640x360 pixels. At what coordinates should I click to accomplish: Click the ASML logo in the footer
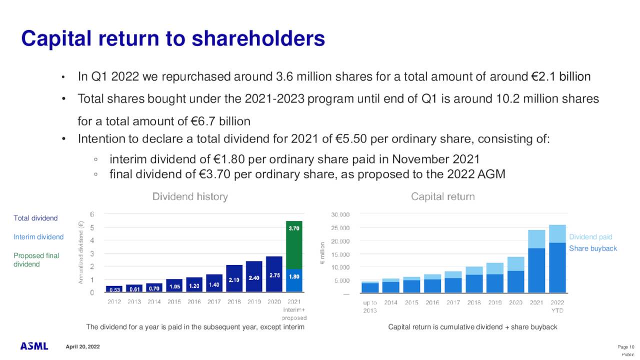[x=34, y=346]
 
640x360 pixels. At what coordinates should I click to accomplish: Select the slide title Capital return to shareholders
[x=173, y=38]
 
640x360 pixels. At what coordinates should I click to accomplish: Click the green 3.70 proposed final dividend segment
[x=294, y=245]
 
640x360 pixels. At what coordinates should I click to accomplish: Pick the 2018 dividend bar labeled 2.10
[x=234, y=278]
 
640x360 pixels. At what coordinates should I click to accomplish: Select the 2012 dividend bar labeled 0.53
[x=114, y=288]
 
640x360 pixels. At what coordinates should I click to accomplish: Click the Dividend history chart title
[x=190, y=197]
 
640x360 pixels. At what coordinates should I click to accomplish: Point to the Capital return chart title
[x=442, y=197]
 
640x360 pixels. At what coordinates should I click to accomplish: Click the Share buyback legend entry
[x=593, y=248]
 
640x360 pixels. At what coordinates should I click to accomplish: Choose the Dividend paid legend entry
[x=590, y=237]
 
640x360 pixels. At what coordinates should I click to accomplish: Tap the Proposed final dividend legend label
[x=36, y=259]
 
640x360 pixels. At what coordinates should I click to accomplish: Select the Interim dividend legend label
[x=38, y=237]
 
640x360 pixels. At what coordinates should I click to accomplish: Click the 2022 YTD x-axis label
[x=557, y=306]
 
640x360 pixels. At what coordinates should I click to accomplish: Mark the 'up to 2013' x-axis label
[x=369, y=306]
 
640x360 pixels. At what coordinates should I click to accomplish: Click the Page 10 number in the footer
[x=626, y=347]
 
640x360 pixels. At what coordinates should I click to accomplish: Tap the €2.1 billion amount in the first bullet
[x=560, y=77]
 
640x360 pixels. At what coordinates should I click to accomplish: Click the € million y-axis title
[x=323, y=253]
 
